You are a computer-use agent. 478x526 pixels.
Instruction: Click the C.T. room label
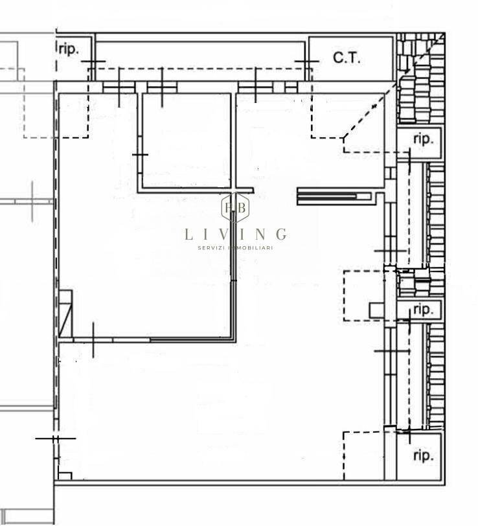(347, 58)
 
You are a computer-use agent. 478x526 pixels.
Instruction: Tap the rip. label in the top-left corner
(69, 49)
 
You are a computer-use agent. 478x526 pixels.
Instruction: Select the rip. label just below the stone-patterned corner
(424, 139)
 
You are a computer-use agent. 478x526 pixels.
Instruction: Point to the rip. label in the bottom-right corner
(424, 455)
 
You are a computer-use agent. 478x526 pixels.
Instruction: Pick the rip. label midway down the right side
(424, 309)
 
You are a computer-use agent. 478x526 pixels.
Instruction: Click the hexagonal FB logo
(236, 208)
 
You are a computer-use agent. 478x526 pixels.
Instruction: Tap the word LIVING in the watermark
(236, 234)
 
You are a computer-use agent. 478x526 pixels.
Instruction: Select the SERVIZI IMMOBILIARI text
(236, 248)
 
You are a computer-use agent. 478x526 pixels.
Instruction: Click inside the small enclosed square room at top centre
(187, 140)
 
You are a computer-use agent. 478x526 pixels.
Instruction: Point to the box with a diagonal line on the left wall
(65, 314)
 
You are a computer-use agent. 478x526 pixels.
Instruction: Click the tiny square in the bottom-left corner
(65, 476)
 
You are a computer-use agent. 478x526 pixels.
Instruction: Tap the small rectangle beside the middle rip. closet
(377, 310)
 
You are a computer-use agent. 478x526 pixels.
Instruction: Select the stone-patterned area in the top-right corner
(421, 78)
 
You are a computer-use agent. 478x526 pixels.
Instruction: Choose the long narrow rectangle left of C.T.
(200, 61)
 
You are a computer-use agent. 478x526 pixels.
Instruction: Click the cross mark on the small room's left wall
(140, 155)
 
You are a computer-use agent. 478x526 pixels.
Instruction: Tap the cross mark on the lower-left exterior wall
(56, 438)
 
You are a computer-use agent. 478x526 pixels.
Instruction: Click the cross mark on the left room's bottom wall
(93, 340)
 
